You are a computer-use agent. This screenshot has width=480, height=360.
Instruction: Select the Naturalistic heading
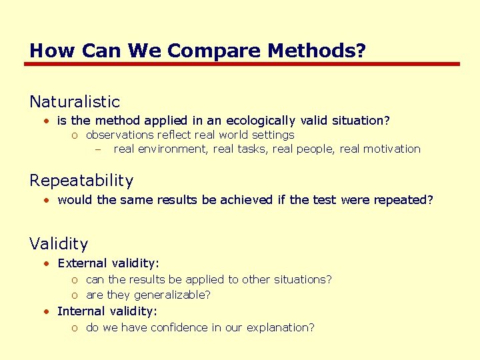(75, 102)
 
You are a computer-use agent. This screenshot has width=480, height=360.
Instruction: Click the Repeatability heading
(81, 181)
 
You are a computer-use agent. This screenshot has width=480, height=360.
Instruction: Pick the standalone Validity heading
(59, 245)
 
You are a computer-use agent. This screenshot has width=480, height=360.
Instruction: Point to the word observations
(117, 135)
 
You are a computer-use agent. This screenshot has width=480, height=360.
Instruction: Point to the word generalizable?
(172, 295)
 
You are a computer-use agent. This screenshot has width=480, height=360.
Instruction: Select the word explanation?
(281, 327)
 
